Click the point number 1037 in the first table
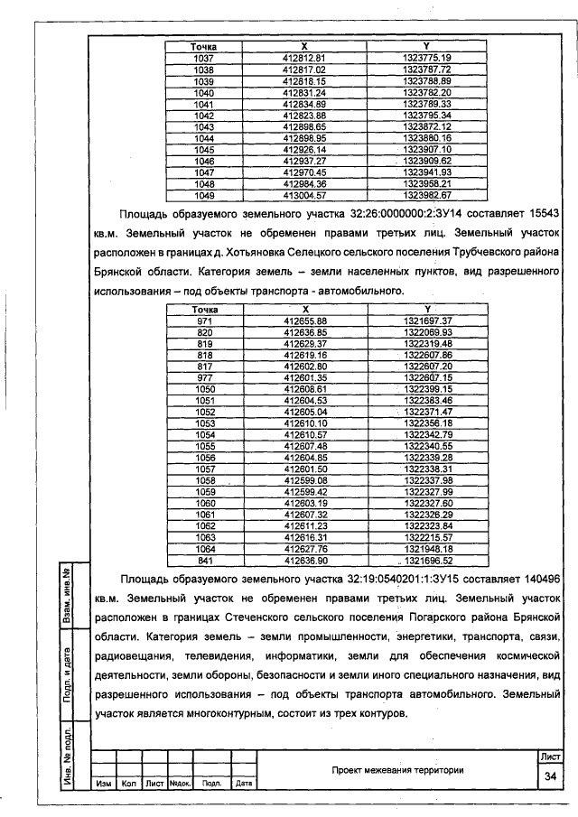[x=203, y=58]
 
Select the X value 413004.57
[x=303, y=194]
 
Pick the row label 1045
[x=203, y=149]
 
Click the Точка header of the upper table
[x=203, y=46]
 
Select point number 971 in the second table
[x=203, y=320]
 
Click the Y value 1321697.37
[x=427, y=320]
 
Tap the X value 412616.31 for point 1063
[x=303, y=535]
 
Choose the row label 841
[x=203, y=559]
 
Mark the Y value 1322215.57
[x=427, y=535]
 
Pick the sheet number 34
[x=549, y=777]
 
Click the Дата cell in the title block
[x=243, y=784]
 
